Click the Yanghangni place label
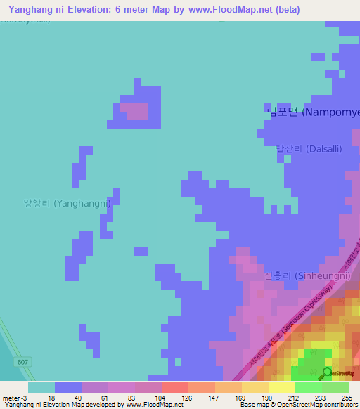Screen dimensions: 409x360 tap(67, 203)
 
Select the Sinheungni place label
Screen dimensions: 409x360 tap(307, 275)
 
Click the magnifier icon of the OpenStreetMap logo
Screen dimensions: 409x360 tap(327, 372)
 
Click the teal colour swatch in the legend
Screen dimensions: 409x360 tap(41, 387)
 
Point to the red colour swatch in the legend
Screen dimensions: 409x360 tap(175, 387)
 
